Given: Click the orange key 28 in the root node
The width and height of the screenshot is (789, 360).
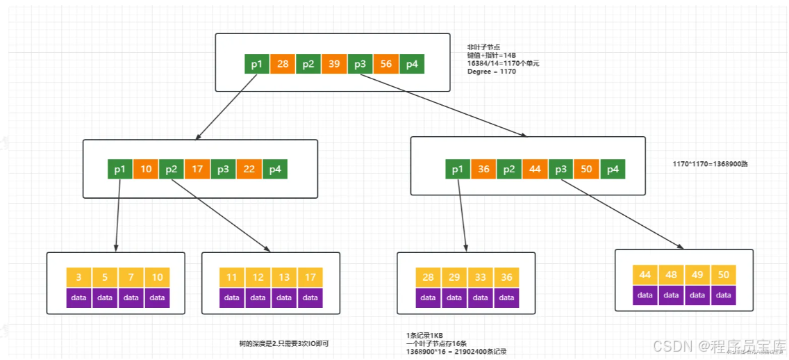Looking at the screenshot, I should pos(283,65).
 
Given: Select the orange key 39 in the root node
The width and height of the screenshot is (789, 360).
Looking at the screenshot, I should pos(334,65).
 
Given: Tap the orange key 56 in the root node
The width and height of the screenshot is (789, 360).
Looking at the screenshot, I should pos(385,65).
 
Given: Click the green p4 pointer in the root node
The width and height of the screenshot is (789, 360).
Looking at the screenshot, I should pos(412,65).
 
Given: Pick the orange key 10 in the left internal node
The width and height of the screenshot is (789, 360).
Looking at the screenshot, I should pos(146,170).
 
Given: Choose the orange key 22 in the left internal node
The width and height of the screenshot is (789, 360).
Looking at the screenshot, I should pos(249,170).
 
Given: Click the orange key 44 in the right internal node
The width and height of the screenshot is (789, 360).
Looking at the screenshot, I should pos(535,170).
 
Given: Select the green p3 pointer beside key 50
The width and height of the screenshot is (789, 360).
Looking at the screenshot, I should pos(560,170).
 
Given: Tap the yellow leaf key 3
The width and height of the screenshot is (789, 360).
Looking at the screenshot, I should pos(78,277).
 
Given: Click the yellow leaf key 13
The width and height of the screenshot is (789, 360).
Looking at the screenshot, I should pos(284,277).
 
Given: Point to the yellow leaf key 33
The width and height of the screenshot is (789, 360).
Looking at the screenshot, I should pos(481,277).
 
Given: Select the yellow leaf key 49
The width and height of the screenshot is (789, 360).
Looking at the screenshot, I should pos(697,275).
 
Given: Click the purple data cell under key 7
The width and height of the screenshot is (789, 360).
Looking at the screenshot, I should pos(131,297).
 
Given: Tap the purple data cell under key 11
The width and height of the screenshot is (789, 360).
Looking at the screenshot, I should pos(232,297).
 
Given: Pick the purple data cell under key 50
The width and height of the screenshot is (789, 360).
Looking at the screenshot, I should pos(723,295).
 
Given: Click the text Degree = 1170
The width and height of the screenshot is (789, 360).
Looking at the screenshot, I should pos(492,72).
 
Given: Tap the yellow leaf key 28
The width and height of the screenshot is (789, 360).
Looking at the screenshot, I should pos(428,277).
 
